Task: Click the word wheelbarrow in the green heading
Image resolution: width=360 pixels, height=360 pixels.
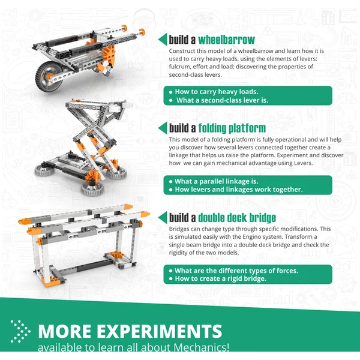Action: pos(226,40)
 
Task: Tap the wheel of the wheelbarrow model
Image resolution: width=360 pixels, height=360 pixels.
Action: pos(49,77)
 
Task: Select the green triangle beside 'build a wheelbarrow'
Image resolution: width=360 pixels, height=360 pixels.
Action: pos(163,39)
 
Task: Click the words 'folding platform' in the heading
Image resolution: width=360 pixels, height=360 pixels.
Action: pos(232,128)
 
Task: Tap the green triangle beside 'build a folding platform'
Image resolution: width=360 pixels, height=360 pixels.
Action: pos(163,128)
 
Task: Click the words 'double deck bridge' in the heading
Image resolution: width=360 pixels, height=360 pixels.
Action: pos(237,218)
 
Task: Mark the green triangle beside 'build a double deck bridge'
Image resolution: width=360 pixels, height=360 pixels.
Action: pos(163,217)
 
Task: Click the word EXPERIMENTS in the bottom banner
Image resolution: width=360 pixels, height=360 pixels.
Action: pos(160,331)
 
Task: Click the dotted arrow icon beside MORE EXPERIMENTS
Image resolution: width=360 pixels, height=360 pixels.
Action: pos(20,331)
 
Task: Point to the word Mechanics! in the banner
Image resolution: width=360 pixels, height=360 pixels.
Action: pos(201,347)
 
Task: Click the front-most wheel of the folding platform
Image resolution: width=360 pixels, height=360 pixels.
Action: pos(92,189)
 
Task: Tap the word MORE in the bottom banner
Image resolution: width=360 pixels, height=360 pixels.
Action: pos(65,331)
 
